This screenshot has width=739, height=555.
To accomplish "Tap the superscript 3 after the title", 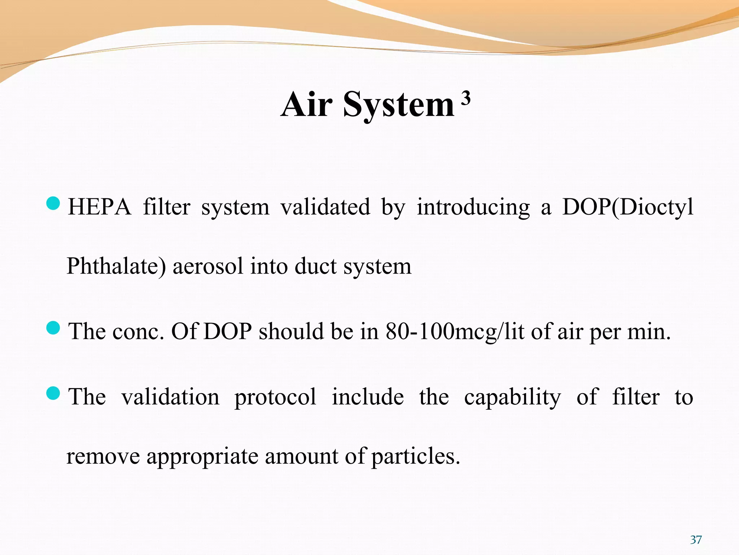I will (466, 98).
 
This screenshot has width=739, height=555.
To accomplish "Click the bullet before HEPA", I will (53, 203).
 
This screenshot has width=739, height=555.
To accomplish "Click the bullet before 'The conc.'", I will (53, 328).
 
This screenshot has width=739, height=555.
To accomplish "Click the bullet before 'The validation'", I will (53, 393).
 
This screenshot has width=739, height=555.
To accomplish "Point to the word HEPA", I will (100, 207).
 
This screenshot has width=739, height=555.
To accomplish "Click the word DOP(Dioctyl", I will (628, 207).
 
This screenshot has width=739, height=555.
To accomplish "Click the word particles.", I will (415, 456).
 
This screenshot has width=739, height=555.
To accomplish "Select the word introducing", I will (473, 207).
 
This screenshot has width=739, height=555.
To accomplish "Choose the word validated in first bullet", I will (325, 207).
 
